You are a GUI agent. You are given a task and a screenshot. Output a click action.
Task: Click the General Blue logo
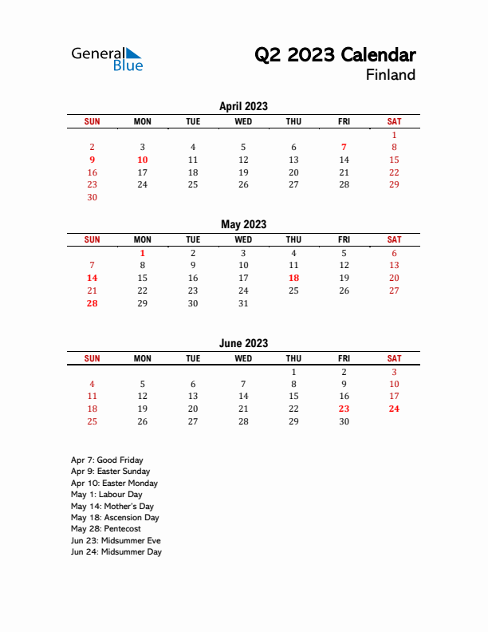tap(107, 59)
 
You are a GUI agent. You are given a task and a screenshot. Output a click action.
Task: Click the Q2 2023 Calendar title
tap(335, 55)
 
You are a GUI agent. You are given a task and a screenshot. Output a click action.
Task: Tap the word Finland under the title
tap(391, 75)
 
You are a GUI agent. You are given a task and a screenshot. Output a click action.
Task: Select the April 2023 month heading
tap(243, 106)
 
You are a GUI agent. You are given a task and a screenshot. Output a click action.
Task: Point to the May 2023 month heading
tap(243, 225)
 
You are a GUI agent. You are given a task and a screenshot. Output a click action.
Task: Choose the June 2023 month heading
tap(243, 343)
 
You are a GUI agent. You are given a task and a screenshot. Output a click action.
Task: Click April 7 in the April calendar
tap(344, 147)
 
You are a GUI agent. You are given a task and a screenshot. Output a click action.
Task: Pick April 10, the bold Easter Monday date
tap(143, 160)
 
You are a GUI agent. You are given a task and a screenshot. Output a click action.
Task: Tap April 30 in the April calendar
tap(92, 197)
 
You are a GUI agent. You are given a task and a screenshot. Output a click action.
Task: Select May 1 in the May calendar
tap(143, 253)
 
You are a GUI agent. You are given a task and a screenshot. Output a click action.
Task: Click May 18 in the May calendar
tap(293, 278)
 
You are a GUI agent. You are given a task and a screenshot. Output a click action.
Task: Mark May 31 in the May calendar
tap(243, 303)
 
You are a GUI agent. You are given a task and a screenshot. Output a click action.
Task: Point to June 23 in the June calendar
tap(344, 409)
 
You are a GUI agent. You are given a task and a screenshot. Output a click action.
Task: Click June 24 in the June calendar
tap(394, 409)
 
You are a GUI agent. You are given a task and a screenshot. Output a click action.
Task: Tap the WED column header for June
tap(243, 358)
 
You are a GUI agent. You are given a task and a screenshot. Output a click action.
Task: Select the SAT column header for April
tap(394, 121)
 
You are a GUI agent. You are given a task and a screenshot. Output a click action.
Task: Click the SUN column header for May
tap(92, 239)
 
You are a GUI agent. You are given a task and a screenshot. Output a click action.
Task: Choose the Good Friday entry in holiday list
tap(107, 460)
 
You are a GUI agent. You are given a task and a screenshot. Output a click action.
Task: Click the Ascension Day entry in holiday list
tap(115, 518)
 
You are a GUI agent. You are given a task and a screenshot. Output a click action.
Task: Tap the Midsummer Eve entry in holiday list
tap(115, 540)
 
